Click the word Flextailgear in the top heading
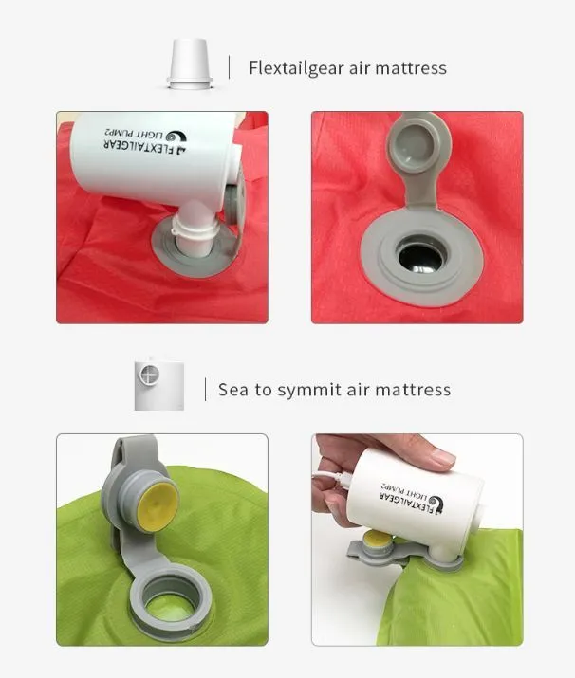pyautogui.click(x=296, y=68)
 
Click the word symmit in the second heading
pyautogui.click(x=309, y=390)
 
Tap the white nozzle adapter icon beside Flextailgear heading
pyautogui.click(x=190, y=64)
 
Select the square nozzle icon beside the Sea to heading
pyautogui.click(x=158, y=385)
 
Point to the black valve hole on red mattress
pyautogui.click(x=421, y=258)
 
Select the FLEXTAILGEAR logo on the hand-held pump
pyautogui.click(x=412, y=498)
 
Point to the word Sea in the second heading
pyautogui.click(x=233, y=390)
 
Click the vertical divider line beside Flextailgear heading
pyautogui.click(x=229, y=67)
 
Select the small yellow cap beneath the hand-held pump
pyautogui.click(x=378, y=540)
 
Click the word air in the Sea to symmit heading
pyautogui.click(x=358, y=390)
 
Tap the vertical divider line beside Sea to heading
pyautogui.click(x=205, y=389)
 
